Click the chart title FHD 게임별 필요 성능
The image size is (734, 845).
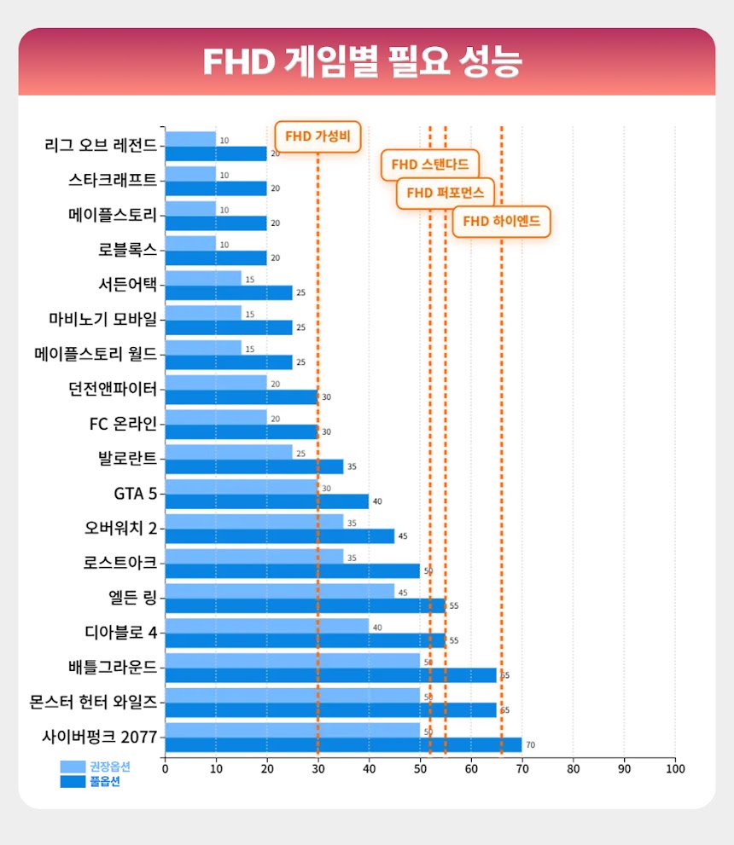click(362, 61)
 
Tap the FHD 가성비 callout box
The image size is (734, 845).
click(317, 136)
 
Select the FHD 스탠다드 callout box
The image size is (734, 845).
click(429, 164)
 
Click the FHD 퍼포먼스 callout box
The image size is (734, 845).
click(445, 193)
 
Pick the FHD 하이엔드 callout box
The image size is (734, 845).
click(501, 222)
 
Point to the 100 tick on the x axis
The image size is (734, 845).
click(674, 768)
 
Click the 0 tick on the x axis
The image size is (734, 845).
click(165, 768)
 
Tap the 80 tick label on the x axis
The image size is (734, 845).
click(573, 768)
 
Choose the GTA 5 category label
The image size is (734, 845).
click(135, 492)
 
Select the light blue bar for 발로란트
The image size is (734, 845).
click(228, 452)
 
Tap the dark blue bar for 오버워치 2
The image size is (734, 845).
click(279, 536)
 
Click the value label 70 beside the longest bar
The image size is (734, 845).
click(530, 745)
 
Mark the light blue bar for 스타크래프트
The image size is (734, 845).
click(189, 174)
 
